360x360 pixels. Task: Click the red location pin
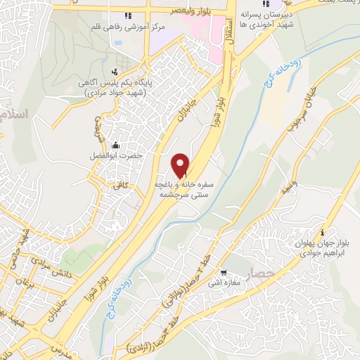pyautogui.click(x=181, y=165)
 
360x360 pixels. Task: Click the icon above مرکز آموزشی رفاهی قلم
pyautogui.click(x=127, y=15)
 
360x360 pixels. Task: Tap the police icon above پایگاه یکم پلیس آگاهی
pyautogui.click(x=115, y=70)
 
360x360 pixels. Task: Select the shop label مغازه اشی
pyautogui.click(x=226, y=284)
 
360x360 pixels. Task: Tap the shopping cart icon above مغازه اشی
pyautogui.click(x=223, y=274)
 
